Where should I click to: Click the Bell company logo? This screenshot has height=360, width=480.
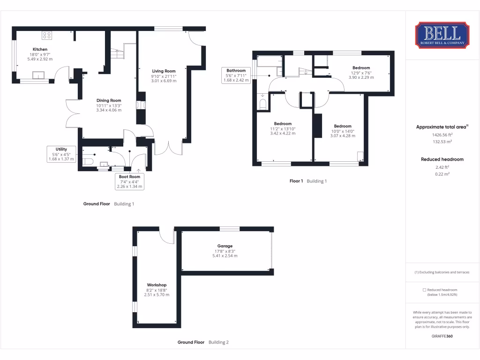tap(442, 35)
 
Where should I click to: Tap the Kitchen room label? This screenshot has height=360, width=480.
tap(40, 49)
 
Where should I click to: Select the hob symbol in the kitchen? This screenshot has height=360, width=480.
tap(47, 34)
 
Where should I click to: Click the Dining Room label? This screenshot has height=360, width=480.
tap(109, 100)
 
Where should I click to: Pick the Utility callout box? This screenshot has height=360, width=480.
tap(61, 154)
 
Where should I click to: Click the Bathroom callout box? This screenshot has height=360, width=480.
tap(236, 75)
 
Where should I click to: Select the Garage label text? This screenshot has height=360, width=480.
tap(225, 246)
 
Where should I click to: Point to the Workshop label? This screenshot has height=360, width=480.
tap(157, 285)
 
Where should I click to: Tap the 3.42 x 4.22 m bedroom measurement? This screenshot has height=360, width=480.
tap(283, 133)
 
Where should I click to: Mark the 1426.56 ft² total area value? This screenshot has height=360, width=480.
tap(442, 135)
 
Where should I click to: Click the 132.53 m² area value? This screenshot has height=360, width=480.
tap(442, 142)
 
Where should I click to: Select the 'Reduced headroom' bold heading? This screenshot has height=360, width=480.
tap(442, 159)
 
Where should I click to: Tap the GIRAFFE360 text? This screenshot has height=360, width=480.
tap(442, 336)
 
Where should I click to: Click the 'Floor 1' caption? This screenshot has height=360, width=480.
tap(296, 181)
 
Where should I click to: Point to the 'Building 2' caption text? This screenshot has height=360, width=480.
tap(218, 342)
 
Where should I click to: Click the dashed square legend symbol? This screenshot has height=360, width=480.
tap(425, 290)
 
